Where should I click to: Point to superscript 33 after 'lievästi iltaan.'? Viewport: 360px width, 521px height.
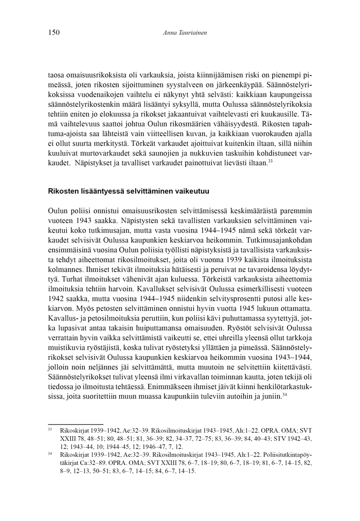coord(270,161)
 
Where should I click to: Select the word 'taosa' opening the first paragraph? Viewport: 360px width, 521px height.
coord(56,75)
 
